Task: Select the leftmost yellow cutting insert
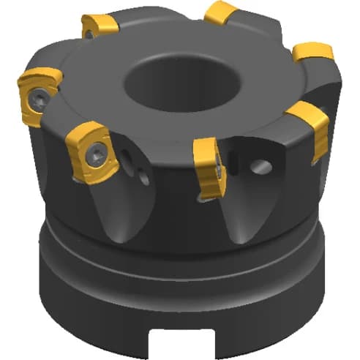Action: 38,94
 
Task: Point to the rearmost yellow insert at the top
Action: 220,12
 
